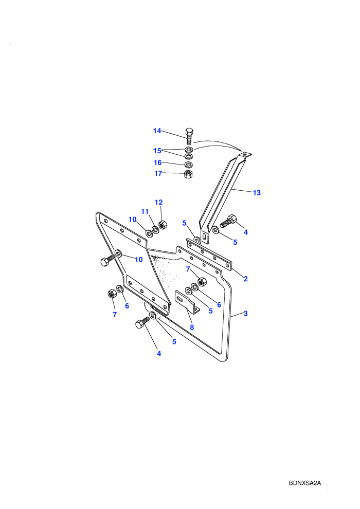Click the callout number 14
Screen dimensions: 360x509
tap(157, 131)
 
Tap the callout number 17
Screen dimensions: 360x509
tap(158, 173)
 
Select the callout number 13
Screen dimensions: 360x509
tap(257, 193)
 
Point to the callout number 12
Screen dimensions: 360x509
tap(158, 202)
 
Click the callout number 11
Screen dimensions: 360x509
tap(145, 212)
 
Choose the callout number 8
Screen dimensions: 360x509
tap(192, 327)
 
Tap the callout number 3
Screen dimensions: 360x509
tap(246, 314)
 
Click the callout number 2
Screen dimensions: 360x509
tap(246, 279)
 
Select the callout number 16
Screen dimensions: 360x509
tap(158, 162)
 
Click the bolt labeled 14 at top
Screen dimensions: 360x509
tap(189, 136)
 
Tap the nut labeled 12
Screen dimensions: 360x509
tap(163, 224)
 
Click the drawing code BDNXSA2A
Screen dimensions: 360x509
tap(305, 483)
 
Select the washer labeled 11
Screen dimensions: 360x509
tap(155, 229)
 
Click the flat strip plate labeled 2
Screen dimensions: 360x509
tap(209, 254)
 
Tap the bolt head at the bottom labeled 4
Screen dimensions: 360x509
tap(140, 324)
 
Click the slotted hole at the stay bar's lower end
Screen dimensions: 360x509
tap(204, 237)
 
